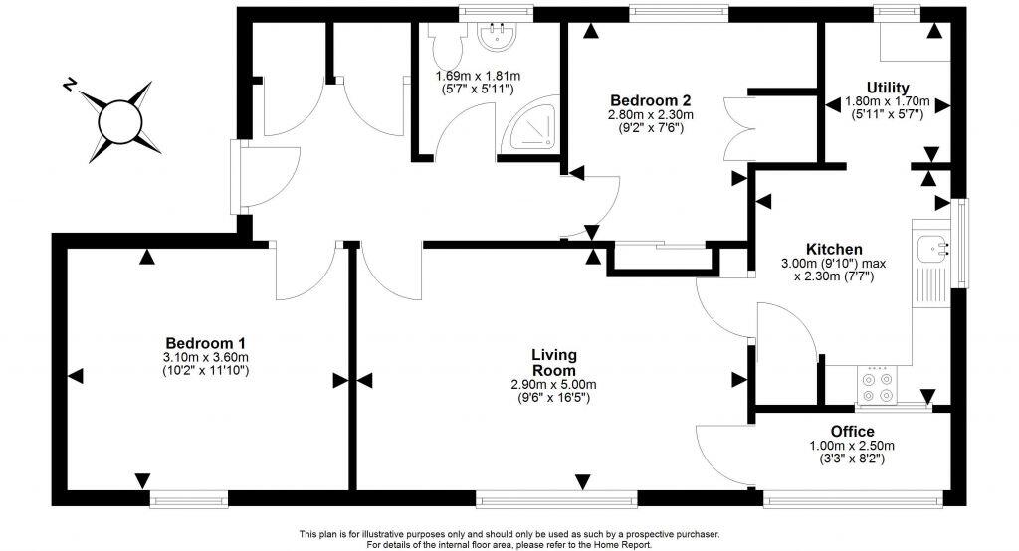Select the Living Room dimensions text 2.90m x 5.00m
[x=554, y=384]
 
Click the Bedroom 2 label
[x=650, y=100]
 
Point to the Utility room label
[x=887, y=88]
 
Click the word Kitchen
[x=834, y=249]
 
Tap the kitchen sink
[x=933, y=245]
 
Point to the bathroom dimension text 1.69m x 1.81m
[x=478, y=76]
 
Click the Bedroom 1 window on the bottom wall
[x=188, y=498]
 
